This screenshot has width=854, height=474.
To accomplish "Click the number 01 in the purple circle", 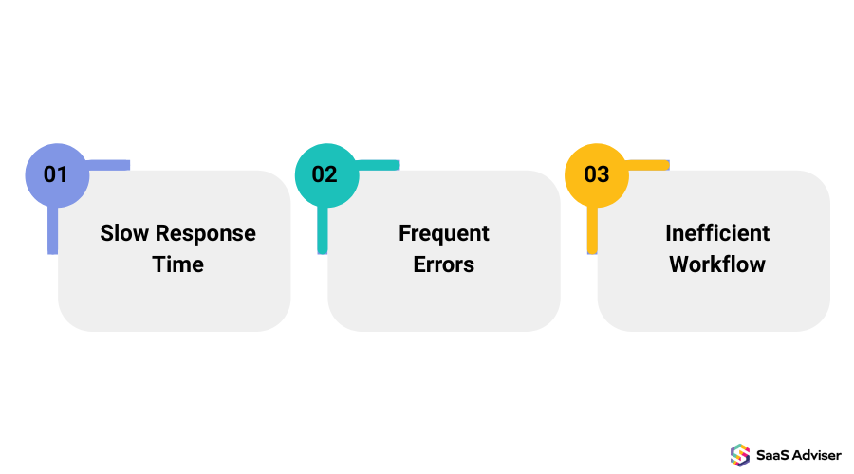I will (x=56, y=174).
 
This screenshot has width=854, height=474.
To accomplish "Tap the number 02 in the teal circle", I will (x=325, y=174).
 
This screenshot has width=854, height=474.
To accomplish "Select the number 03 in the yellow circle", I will (x=596, y=174).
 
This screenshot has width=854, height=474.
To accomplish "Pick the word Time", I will (x=178, y=264).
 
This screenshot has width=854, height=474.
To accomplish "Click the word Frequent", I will (x=444, y=233).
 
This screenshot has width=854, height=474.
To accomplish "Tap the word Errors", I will (x=444, y=264).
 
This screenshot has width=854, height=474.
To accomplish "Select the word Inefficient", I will (x=717, y=233).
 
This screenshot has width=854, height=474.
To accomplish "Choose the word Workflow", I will (x=717, y=264).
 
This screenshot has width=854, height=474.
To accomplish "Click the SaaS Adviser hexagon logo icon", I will (x=740, y=455).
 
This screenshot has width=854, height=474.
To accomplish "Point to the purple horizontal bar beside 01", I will (x=108, y=165).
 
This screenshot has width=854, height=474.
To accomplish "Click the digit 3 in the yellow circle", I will (x=603, y=174).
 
